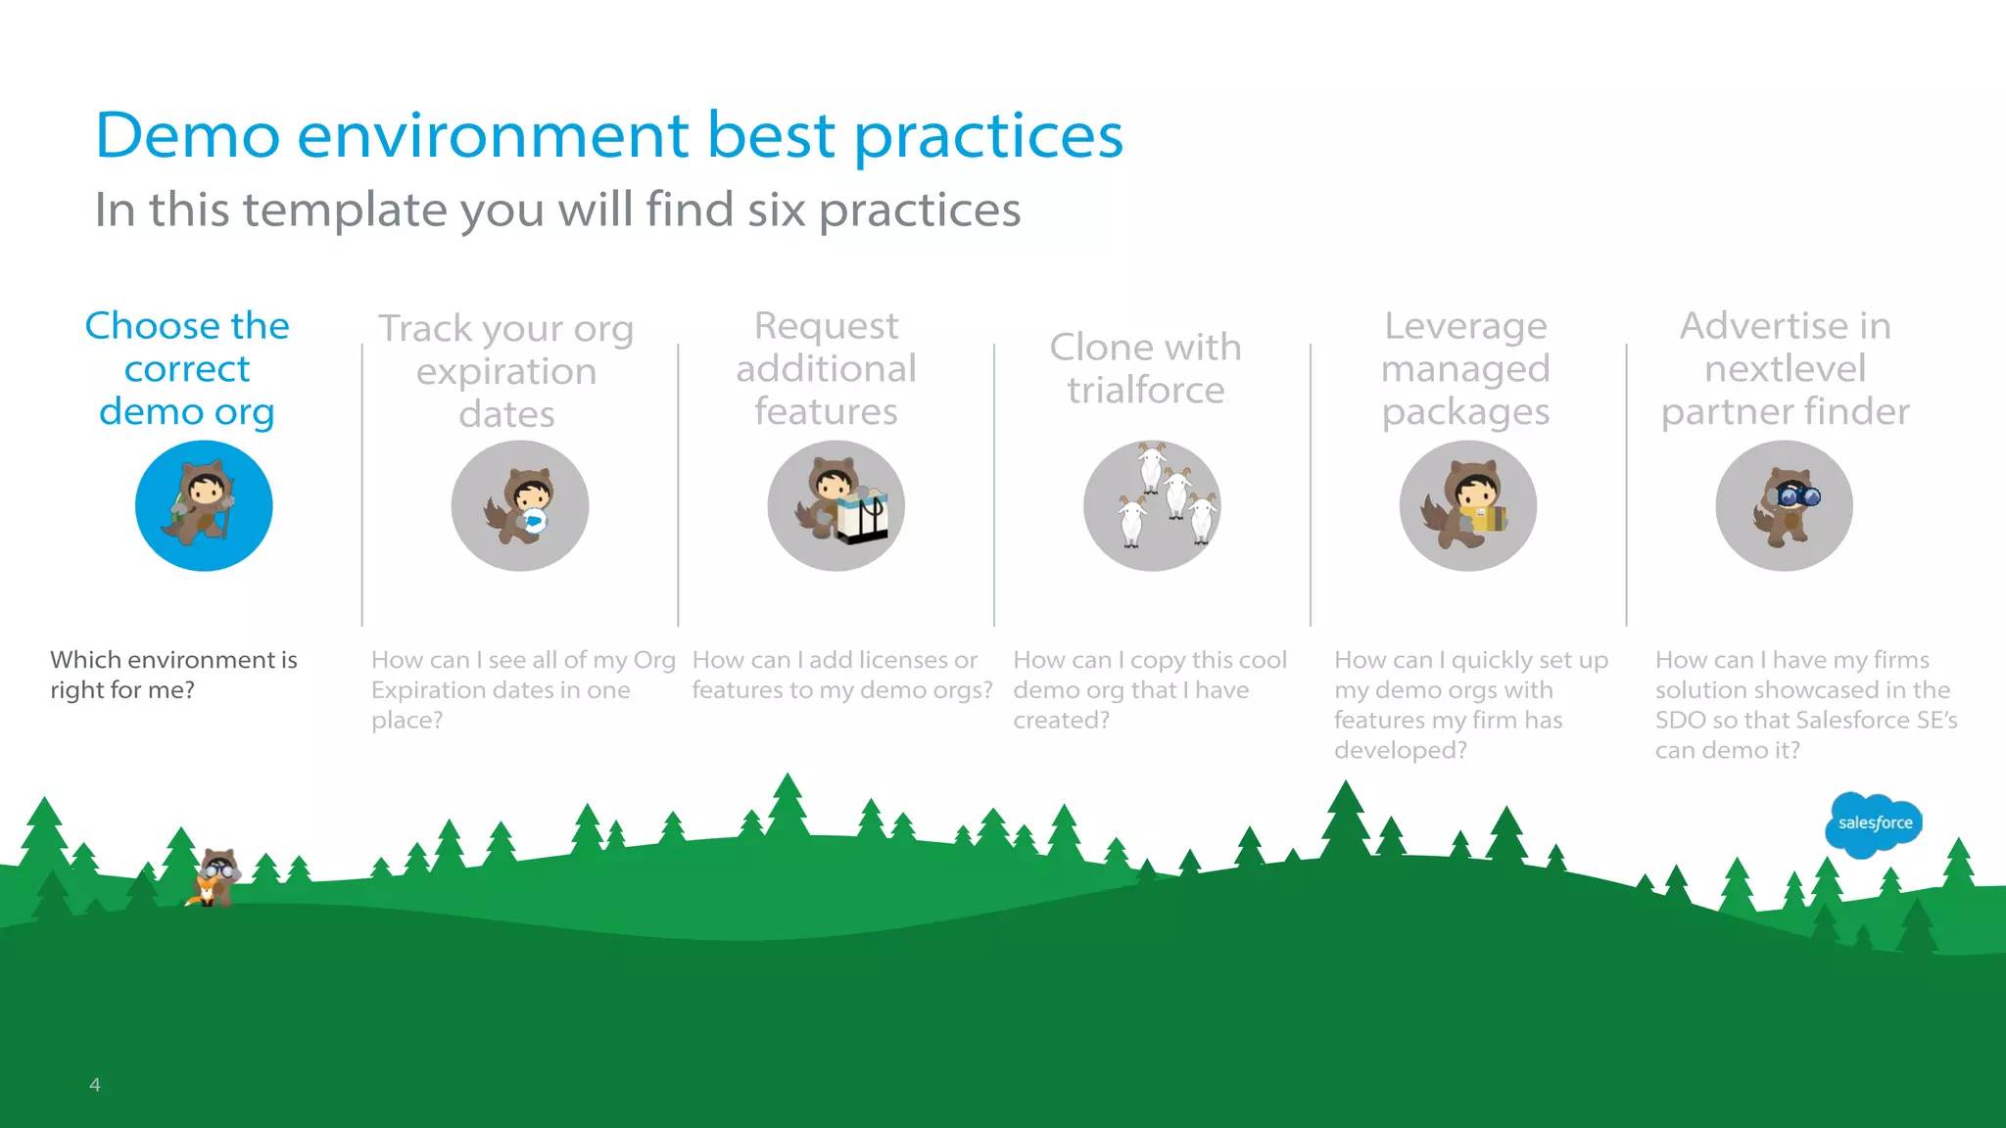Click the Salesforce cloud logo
point(1874,823)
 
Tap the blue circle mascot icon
point(204,505)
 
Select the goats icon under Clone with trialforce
point(1152,505)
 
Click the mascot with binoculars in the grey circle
point(1784,505)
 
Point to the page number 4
point(95,1084)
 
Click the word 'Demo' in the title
point(187,135)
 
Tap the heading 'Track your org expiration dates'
point(506,370)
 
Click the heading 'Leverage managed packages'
point(1465,368)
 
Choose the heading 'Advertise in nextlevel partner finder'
point(1785,368)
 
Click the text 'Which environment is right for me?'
point(173,675)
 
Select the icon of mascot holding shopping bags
point(836,505)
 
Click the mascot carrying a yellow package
point(1467,505)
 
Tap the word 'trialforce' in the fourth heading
point(1145,391)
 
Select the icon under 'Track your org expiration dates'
point(520,505)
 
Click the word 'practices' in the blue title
point(988,135)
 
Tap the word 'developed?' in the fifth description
point(1401,751)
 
